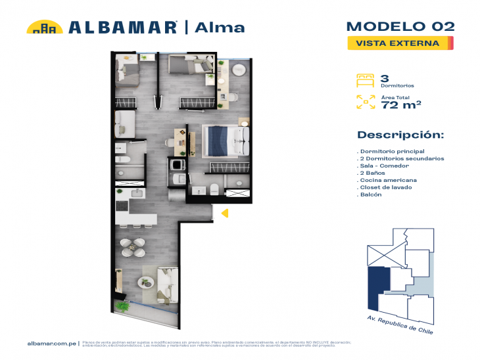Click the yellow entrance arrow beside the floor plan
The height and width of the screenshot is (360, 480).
pyautogui.click(x=224, y=213)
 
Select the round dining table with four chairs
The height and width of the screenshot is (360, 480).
pyautogui.click(x=137, y=248)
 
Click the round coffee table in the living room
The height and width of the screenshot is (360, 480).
pyautogui.click(x=145, y=282)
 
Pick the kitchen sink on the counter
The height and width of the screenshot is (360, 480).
pyautogui.click(x=137, y=193)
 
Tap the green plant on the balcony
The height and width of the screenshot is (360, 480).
pyautogui.click(x=122, y=305)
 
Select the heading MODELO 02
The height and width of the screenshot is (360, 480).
pyautogui.click(x=400, y=26)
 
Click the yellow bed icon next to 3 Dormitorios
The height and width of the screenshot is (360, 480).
pyautogui.click(x=365, y=80)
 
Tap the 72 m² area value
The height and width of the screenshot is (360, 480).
pyautogui.click(x=401, y=104)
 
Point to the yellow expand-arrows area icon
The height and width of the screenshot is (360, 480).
pyautogui.click(x=365, y=102)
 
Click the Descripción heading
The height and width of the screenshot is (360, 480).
pyautogui.click(x=400, y=135)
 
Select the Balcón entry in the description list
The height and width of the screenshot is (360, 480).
pyautogui.click(x=371, y=194)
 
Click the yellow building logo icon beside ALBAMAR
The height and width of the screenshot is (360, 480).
pyautogui.click(x=45, y=27)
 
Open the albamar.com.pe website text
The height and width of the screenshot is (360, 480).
pyautogui.click(x=53, y=343)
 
